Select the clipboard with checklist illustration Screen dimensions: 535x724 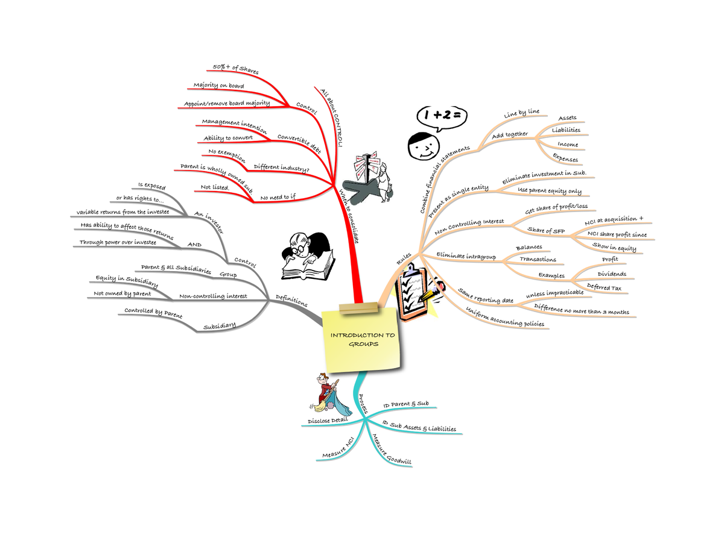point(415,292)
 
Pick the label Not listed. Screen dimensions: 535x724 point(215,187)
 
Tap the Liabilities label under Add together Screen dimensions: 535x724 point(566,130)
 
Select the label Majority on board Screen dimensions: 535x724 point(218,86)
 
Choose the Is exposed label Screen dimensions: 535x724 point(151,186)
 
